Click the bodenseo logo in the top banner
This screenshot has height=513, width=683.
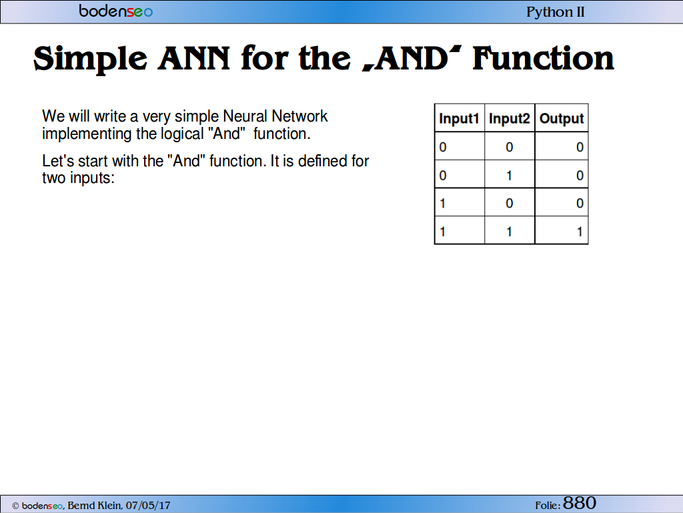116,11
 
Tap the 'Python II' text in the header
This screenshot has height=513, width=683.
556,12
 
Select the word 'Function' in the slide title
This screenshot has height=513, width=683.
543,58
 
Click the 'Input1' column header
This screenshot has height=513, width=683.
459,118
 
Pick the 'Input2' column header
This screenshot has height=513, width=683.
509,118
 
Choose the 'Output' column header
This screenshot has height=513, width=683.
562,118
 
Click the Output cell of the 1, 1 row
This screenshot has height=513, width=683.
562,230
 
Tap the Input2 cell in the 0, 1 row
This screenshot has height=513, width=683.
509,174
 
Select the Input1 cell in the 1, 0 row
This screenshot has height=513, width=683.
460,202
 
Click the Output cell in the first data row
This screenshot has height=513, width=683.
562,146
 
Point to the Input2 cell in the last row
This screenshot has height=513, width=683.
509,230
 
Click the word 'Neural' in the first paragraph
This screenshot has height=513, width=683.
245,116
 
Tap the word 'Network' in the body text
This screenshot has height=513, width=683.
299,116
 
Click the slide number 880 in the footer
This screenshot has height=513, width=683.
579,503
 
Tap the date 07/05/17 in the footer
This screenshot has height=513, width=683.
147,505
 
